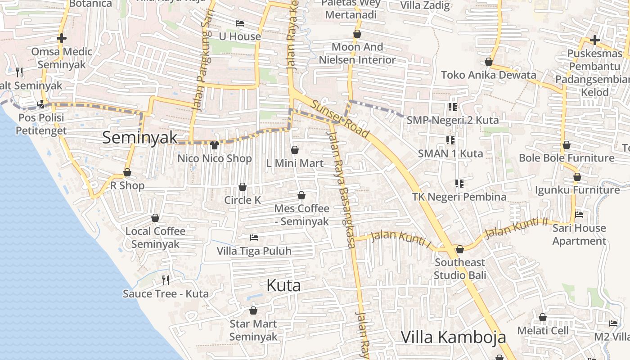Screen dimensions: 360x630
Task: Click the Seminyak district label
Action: pos(139,138)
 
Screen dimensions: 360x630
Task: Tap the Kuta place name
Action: pos(283,285)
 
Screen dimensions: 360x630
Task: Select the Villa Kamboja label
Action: pos(453,337)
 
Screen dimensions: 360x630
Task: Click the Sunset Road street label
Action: pos(340,119)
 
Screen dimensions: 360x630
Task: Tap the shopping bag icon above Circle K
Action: pos(243,187)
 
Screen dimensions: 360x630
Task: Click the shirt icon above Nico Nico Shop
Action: pos(214,145)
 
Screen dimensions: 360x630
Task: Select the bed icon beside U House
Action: pos(240,23)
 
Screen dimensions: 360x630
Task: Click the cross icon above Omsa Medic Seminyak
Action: pos(62,39)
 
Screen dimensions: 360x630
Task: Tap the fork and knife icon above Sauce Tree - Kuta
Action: pos(166,280)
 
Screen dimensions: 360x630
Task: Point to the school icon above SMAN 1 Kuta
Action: pos(450,140)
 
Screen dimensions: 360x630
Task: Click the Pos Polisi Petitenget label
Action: pos(41,124)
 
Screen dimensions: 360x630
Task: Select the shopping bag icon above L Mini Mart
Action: pos(295,150)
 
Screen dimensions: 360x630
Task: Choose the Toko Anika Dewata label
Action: pos(488,75)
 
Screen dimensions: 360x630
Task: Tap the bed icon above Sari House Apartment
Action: pos(579,215)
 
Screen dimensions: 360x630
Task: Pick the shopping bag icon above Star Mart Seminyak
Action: pos(253,310)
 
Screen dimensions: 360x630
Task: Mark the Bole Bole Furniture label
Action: pos(566,158)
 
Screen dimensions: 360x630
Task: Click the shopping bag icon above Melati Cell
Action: pos(543,317)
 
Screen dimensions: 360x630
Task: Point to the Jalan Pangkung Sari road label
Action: pos(202,67)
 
